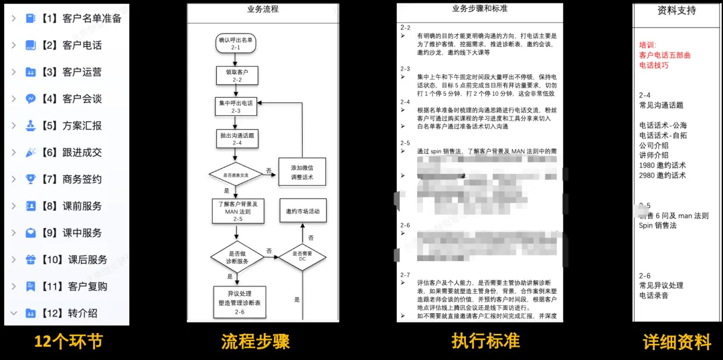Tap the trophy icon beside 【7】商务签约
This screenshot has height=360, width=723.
pyautogui.click(x=31, y=179)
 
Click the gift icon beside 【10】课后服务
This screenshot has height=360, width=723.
pyautogui.click(x=31, y=259)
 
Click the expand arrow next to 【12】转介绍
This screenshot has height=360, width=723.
pyautogui.click(x=13, y=312)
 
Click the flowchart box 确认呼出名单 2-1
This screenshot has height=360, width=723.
pyautogui.click(x=236, y=43)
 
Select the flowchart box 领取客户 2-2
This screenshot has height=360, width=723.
pyautogui.click(x=236, y=75)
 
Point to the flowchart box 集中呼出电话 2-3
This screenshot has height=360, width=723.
pyautogui.click(x=236, y=106)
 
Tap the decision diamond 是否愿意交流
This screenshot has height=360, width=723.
pyautogui.click(x=236, y=175)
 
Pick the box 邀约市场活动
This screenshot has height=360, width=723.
pyautogui.click(x=302, y=211)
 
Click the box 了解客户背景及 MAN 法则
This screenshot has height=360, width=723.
pyautogui.click(x=236, y=210)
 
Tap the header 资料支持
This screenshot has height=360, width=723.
pyautogui.click(x=676, y=11)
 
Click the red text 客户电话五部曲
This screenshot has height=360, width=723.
pyautogui.click(x=665, y=55)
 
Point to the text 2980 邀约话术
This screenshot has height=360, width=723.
pyautogui.click(x=662, y=175)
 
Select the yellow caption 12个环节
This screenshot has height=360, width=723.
pyautogui.click(x=68, y=342)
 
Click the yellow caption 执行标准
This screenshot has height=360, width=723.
pyautogui.click(x=485, y=341)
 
